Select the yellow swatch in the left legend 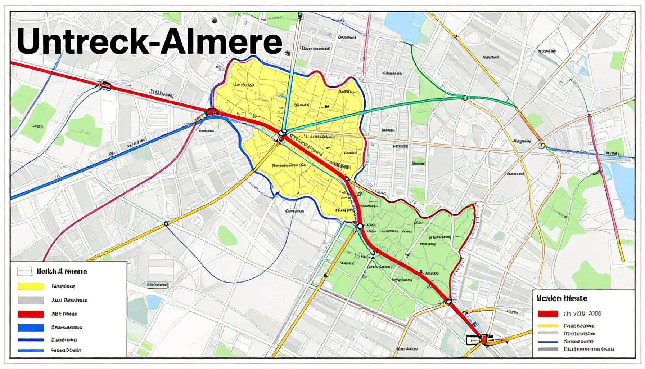coord(31,286)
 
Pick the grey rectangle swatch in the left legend coord(31,300)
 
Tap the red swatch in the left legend coord(31,314)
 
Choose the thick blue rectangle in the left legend coord(31,328)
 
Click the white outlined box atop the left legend coord(25,271)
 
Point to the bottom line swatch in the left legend coord(31,350)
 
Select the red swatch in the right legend coord(548,314)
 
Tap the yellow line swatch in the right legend coord(548,326)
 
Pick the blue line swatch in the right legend coord(548,342)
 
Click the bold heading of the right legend coord(561,298)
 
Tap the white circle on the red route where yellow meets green coord(359,226)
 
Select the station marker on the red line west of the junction coord(105,85)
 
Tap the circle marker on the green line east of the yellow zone coord(465,97)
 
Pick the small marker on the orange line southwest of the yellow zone coord(166,224)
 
